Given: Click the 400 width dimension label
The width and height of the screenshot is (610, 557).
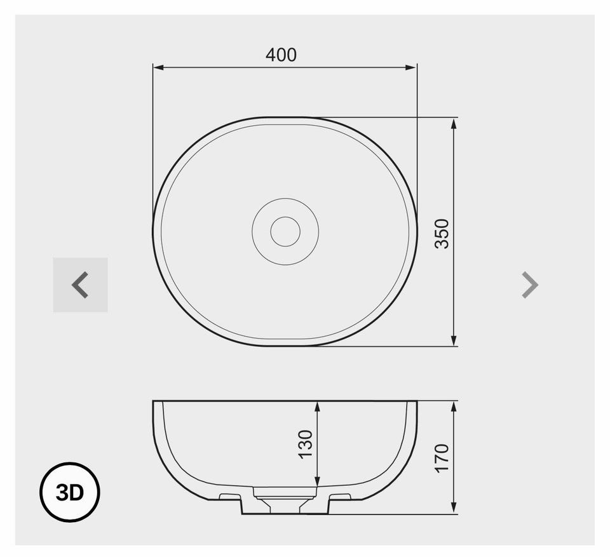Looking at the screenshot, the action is pyautogui.click(x=281, y=55).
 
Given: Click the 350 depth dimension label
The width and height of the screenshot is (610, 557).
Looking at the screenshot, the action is pyautogui.click(x=442, y=234).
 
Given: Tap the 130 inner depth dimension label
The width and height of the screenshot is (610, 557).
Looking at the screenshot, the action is pyautogui.click(x=306, y=444).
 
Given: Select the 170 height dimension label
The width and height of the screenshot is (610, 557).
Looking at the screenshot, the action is pyautogui.click(x=442, y=458).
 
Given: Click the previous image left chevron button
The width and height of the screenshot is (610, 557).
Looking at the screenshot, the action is pyautogui.click(x=80, y=285).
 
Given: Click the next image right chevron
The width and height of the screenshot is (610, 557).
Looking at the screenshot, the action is pyautogui.click(x=530, y=285).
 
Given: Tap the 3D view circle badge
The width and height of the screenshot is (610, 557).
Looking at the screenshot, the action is pyautogui.click(x=70, y=492).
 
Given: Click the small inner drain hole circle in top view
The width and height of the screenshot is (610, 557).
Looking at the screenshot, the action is pyautogui.click(x=285, y=232).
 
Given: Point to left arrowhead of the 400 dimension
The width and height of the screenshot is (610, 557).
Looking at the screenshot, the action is pyautogui.click(x=158, y=67).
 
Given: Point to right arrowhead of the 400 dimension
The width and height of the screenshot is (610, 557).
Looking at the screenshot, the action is pyautogui.click(x=411, y=67).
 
